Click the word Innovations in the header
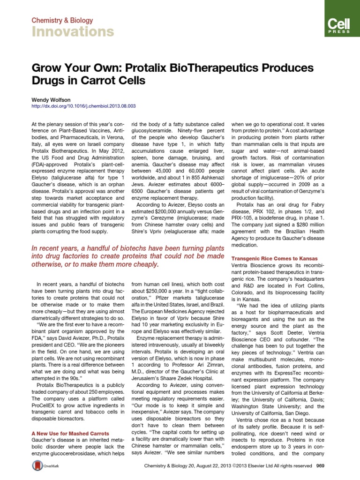click(x=73, y=32)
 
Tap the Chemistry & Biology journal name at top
click(x=62, y=21)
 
